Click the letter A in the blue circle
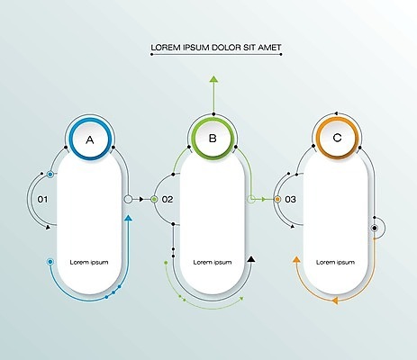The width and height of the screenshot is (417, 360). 90,139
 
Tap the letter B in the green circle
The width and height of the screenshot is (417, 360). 213,139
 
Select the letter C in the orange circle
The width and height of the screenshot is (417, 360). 337,138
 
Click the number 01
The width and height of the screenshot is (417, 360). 42,199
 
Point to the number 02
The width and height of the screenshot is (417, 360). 168,199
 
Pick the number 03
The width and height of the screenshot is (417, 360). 290,199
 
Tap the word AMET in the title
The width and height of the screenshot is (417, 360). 269,48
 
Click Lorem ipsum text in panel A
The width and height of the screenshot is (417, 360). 89,263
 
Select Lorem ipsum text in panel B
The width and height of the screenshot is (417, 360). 213,263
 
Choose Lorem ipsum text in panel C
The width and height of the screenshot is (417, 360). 335,263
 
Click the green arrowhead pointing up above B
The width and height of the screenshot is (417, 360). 213,79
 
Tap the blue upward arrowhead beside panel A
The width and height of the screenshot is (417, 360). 129,218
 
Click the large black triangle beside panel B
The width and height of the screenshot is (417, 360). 251,259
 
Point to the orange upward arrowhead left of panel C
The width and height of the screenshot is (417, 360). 296,260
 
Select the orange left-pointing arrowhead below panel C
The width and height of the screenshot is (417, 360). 335,301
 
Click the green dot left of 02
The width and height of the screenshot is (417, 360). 154,199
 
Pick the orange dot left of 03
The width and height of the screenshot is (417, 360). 277,199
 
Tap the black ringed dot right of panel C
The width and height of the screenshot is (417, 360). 375,228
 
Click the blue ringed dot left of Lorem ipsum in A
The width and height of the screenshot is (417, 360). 50,262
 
